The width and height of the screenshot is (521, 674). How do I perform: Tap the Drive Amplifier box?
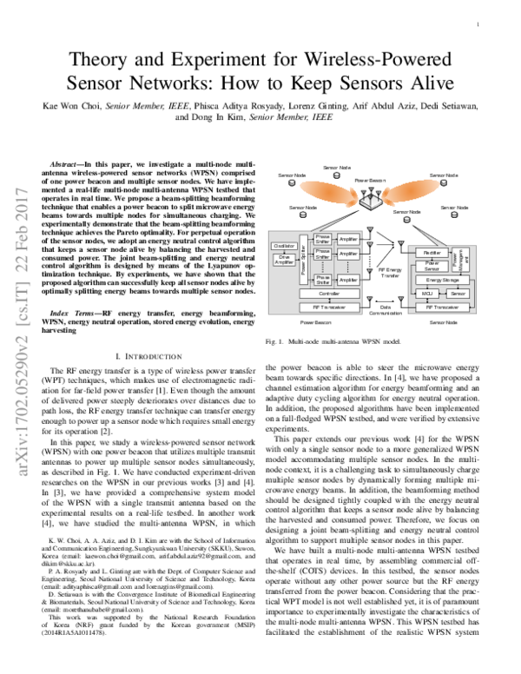point(285,260)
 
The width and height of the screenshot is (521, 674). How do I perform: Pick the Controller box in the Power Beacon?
point(323,295)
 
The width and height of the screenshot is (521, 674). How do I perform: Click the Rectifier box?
point(432,252)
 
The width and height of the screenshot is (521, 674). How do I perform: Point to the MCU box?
point(427,295)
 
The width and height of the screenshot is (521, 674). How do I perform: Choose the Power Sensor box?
point(432,267)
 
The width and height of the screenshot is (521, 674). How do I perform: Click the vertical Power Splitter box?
point(304,260)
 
